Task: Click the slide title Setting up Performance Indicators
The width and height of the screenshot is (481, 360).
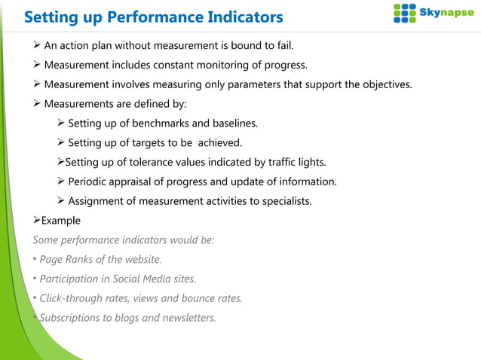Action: pyautogui.click(x=153, y=17)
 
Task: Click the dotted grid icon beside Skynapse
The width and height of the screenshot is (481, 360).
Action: pyautogui.click(x=405, y=14)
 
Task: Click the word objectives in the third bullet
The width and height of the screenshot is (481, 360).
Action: pyautogui.click(x=387, y=84)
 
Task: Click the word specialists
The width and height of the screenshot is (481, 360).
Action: pyautogui.click(x=283, y=201)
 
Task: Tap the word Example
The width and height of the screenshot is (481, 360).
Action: pyautogui.click(x=60, y=221)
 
